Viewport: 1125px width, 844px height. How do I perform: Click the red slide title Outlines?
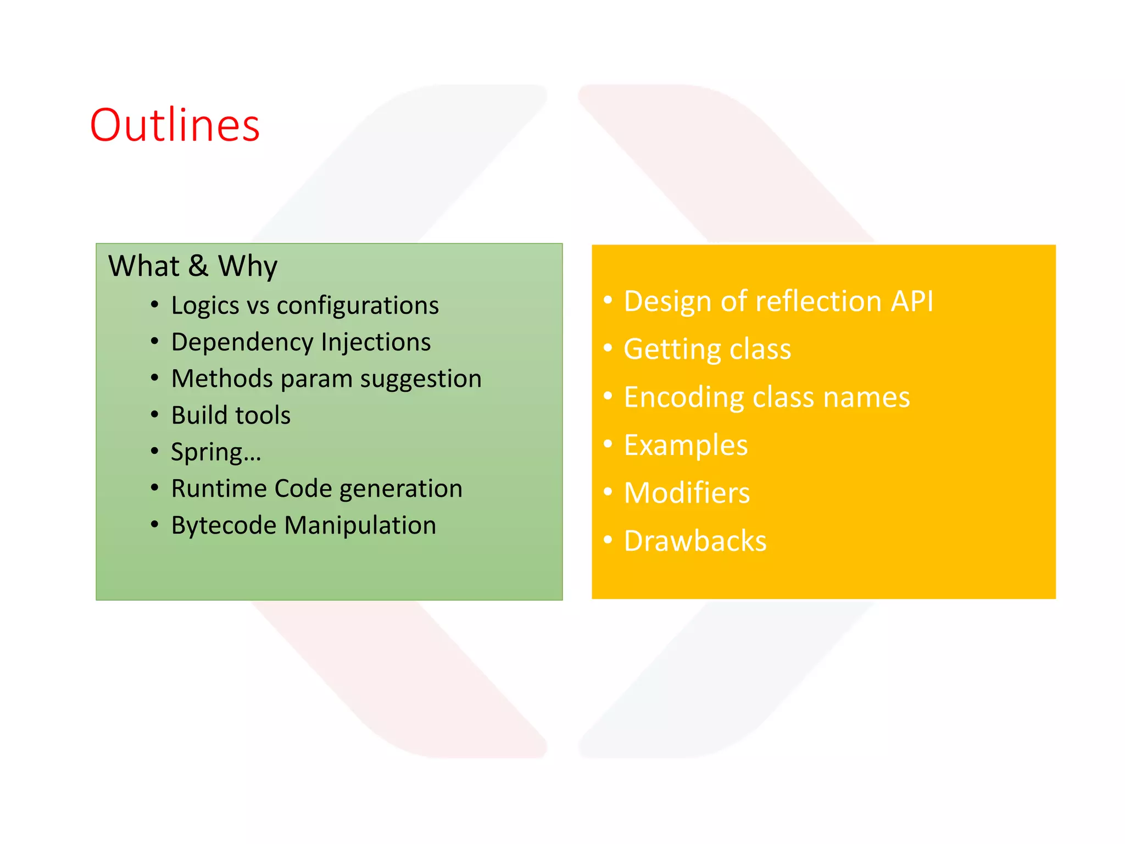click(175, 125)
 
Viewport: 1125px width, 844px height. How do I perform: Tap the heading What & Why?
click(192, 266)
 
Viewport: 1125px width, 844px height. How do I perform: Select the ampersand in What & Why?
click(198, 266)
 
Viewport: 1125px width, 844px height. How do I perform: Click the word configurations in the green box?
click(358, 306)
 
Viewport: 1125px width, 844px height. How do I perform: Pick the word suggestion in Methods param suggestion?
click(421, 379)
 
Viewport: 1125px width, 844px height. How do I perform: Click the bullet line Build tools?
click(231, 415)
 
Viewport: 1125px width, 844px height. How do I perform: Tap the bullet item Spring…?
click(216, 452)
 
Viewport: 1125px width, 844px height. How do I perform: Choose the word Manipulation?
click(360, 525)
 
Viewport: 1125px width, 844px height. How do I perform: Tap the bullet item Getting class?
click(707, 349)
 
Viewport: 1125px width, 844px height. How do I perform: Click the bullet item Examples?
click(686, 445)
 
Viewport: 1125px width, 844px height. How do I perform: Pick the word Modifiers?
click(687, 493)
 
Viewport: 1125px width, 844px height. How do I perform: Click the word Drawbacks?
click(695, 541)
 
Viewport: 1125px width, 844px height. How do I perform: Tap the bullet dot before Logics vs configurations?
click(155, 304)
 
